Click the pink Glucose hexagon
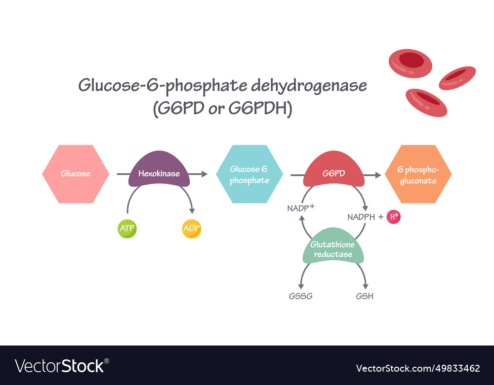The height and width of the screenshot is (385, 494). coord(76,174)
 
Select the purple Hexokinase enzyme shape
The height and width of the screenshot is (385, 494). coord(159,173)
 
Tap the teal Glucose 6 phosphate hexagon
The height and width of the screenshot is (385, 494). coord(249,174)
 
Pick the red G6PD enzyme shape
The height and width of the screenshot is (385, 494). coord(334,173)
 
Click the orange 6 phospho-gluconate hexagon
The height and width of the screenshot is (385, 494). coord(418,174)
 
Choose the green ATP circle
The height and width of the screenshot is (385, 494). coord(127,229)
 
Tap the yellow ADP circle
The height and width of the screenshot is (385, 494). coord(192,229)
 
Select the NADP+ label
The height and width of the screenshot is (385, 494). coord(300,208)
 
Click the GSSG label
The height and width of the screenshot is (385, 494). coord(301,296)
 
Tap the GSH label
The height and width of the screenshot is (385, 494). coord(365,296)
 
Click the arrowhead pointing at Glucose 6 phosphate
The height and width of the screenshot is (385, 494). coord(205,174)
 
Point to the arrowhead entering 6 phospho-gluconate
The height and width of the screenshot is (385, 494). coord(378,174)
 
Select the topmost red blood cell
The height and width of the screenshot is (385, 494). coord(410,63)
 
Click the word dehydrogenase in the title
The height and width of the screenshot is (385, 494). coord(309,86)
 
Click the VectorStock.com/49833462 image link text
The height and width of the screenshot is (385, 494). coord(418,368)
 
